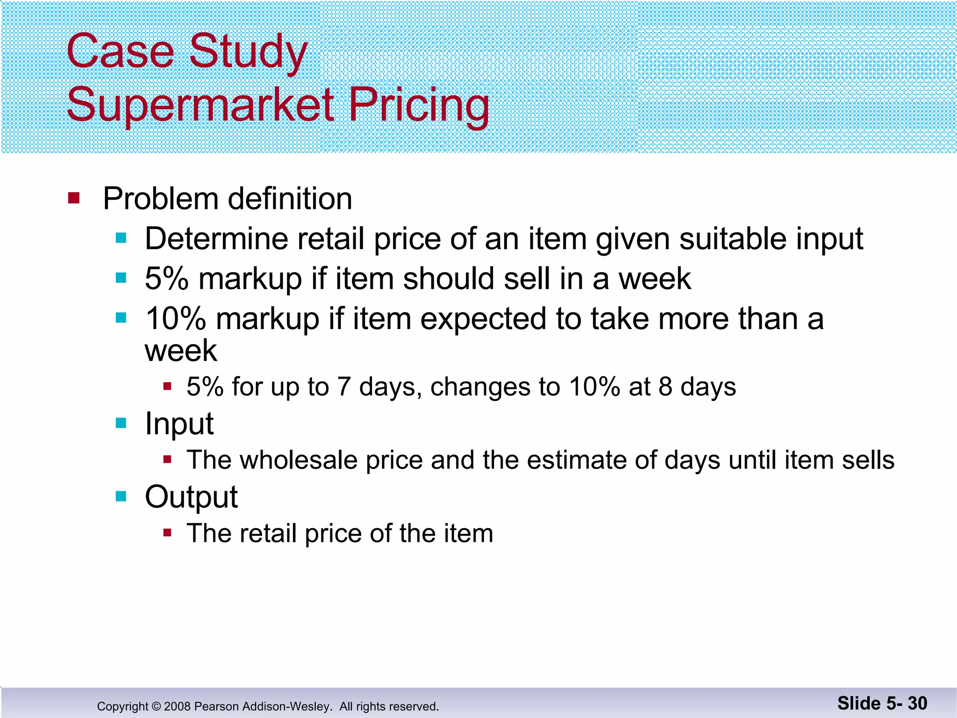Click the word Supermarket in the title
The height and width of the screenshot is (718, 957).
tap(200, 105)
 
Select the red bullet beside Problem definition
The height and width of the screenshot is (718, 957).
tap(74, 198)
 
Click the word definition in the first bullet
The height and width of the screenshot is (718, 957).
tap(290, 199)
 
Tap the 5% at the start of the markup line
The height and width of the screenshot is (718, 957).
tap(166, 279)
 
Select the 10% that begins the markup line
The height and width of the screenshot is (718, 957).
tap(175, 319)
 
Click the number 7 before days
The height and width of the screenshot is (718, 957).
tap(344, 387)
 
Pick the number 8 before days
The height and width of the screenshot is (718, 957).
tap(665, 387)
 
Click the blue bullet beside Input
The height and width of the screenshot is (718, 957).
tap(121, 423)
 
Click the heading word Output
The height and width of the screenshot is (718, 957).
tap(191, 497)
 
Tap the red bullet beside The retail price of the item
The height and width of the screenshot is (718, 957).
tap(167, 532)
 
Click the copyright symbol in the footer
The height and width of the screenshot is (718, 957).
tap(156, 706)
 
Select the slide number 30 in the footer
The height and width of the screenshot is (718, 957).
tap(917, 703)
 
